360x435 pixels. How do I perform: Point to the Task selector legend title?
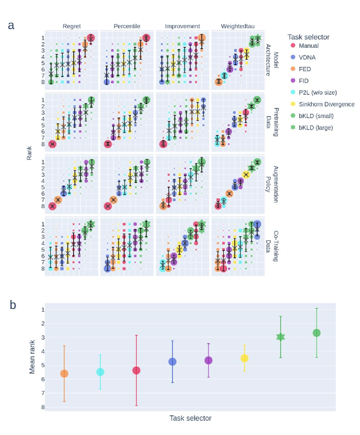(x=308, y=37)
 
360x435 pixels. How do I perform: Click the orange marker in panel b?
(x=64, y=373)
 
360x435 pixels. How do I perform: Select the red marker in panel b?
(x=136, y=370)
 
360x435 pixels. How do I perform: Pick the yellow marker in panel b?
(x=244, y=358)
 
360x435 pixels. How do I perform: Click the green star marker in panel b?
(x=281, y=337)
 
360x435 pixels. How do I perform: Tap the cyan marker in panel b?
(x=100, y=372)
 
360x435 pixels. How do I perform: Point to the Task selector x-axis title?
(x=190, y=418)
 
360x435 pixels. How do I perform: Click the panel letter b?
(x=14, y=304)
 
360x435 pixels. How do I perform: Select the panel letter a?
(x=11, y=25)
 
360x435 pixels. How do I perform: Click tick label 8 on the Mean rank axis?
(x=43, y=407)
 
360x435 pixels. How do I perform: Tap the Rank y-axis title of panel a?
(x=29, y=153)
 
